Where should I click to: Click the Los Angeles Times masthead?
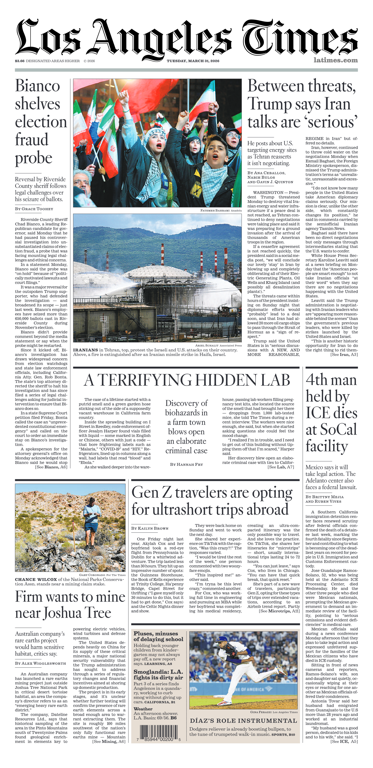tap(186, 37)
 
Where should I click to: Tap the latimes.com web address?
tap(335, 60)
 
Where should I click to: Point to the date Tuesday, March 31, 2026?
tap(193, 61)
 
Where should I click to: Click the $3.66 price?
tap(20, 61)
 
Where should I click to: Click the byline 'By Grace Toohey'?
tap(34, 209)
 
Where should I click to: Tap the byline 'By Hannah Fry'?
tap(186, 464)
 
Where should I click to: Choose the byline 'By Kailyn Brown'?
tap(150, 528)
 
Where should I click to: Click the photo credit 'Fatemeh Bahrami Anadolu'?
tap(221, 211)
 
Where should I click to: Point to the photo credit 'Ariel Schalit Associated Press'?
tap(218, 345)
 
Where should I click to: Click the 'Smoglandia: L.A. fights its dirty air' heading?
tap(158, 675)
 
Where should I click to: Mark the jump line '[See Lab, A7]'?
tap(281, 467)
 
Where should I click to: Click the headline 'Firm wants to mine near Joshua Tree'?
tap(70, 605)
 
